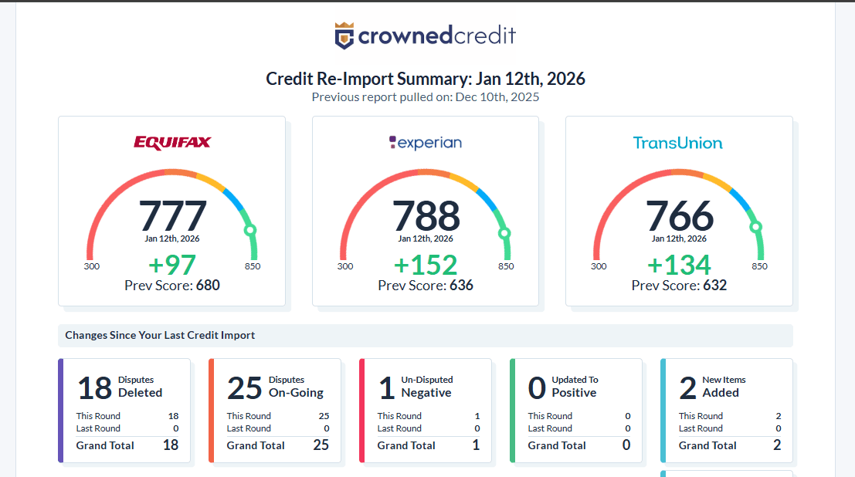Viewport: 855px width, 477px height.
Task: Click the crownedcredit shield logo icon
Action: pyautogui.click(x=344, y=36)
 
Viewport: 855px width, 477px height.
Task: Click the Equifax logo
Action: pyautogui.click(x=172, y=142)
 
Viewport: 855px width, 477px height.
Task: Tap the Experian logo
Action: pyautogui.click(x=426, y=142)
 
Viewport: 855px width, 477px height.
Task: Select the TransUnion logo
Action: pyautogui.click(x=678, y=143)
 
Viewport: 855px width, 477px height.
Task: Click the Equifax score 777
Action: pyautogui.click(x=173, y=215)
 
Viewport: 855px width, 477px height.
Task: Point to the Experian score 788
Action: pyautogui.click(x=426, y=215)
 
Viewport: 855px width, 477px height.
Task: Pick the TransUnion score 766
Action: pyautogui.click(x=680, y=215)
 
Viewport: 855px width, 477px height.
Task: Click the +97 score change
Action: pyautogui.click(x=172, y=265)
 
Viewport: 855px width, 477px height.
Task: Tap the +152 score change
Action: pyautogui.click(x=426, y=265)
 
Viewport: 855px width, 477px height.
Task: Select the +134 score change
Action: pyautogui.click(x=679, y=265)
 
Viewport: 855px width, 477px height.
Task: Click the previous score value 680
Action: pyautogui.click(x=208, y=286)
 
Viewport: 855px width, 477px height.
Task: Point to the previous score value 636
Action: pyautogui.click(x=461, y=286)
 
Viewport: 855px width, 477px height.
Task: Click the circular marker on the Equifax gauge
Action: pyautogui.click(x=249, y=230)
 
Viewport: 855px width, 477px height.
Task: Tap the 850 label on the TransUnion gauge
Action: pyautogui.click(x=760, y=266)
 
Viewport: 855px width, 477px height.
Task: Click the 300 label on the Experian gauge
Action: pyautogui.click(x=345, y=266)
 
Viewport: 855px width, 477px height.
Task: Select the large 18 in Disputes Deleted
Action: pyautogui.click(x=95, y=387)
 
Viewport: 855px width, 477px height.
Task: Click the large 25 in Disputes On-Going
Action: pyautogui.click(x=245, y=387)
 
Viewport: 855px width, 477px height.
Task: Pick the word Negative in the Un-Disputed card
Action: pyautogui.click(x=426, y=393)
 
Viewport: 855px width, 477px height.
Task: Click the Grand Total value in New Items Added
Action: pyautogui.click(x=776, y=445)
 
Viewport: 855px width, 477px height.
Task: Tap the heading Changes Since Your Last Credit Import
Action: pyautogui.click(x=160, y=336)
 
